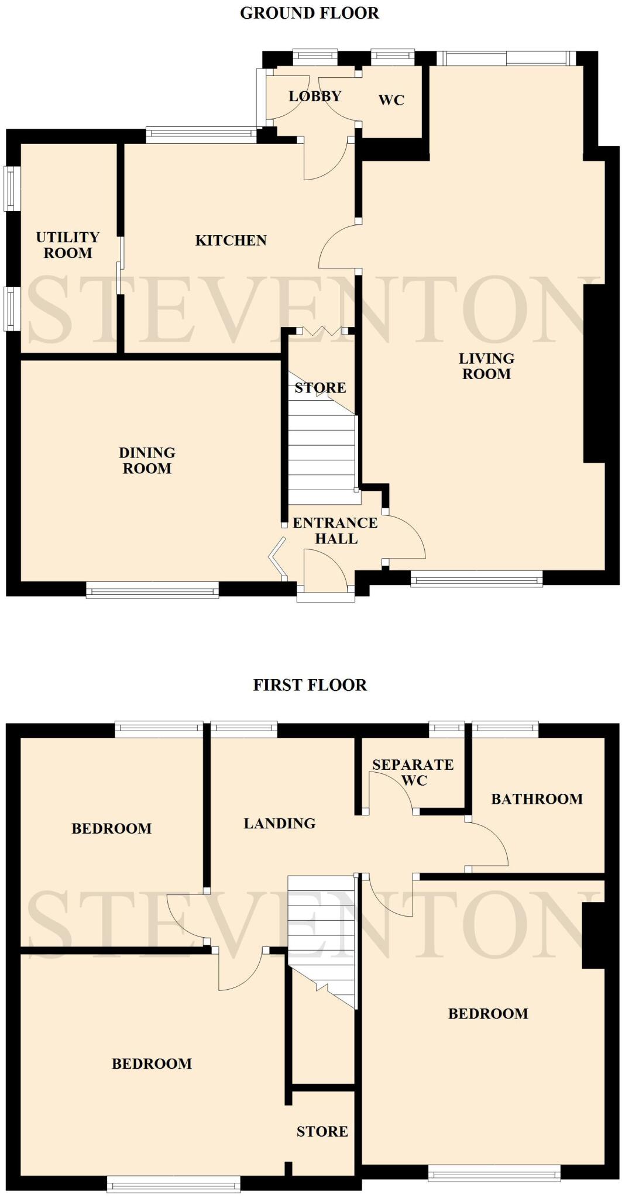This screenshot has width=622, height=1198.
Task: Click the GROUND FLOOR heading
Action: coord(310,13)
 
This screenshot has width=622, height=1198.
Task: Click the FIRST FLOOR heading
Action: coord(310,685)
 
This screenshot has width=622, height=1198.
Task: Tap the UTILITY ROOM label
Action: coord(68,245)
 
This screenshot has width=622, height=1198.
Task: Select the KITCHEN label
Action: coord(231,240)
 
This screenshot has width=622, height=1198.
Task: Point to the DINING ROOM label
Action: coord(147,460)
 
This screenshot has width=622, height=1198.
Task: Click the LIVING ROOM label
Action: coord(486,366)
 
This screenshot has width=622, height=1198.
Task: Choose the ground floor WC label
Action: coord(391,100)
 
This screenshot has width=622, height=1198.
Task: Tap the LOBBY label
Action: coord(315,96)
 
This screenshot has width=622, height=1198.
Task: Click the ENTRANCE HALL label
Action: coord(335,531)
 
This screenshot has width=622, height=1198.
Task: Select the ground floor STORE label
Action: coord(320,388)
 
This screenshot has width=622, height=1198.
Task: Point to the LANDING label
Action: coord(280,824)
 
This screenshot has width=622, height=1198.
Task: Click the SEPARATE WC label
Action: coord(413,772)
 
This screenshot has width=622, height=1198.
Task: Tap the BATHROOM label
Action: coord(537,799)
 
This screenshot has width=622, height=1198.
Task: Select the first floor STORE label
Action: coord(322,1132)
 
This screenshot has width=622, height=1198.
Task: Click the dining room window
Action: coord(153,590)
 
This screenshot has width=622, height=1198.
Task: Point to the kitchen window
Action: coord(201,135)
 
